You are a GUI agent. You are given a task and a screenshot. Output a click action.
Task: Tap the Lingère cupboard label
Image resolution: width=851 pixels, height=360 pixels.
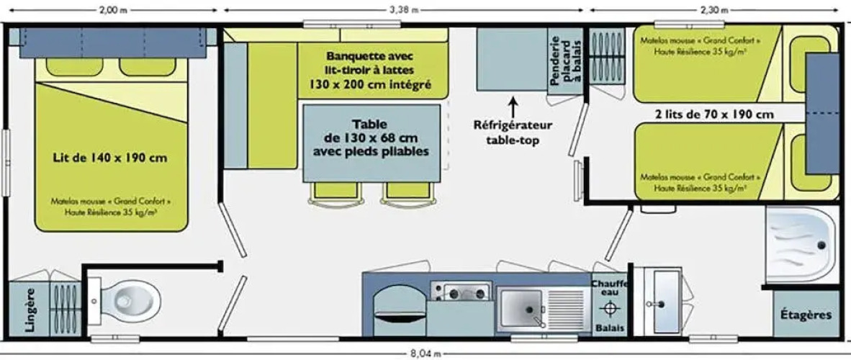[x=30, y=310]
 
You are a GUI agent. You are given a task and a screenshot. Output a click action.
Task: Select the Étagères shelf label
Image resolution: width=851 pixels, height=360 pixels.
[x=806, y=315]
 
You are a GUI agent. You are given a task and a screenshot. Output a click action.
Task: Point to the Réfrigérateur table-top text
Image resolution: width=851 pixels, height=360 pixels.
[x=513, y=132]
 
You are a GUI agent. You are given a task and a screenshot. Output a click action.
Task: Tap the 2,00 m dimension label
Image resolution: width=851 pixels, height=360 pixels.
[x=111, y=10]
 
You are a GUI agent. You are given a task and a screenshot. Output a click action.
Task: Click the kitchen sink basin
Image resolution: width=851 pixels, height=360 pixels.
[x=521, y=307]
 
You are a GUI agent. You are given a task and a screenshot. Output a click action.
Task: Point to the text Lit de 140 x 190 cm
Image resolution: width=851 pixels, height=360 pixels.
[x=110, y=158]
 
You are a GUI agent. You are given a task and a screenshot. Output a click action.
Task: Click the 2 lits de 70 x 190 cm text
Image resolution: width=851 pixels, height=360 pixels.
[x=714, y=114]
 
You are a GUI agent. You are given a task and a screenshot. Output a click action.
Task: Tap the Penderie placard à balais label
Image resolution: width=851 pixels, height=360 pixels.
[x=565, y=63]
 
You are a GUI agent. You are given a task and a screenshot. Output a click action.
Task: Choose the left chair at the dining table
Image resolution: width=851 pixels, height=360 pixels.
[x=334, y=193]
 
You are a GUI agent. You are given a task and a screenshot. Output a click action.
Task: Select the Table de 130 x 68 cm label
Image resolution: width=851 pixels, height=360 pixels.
[x=372, y=138]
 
